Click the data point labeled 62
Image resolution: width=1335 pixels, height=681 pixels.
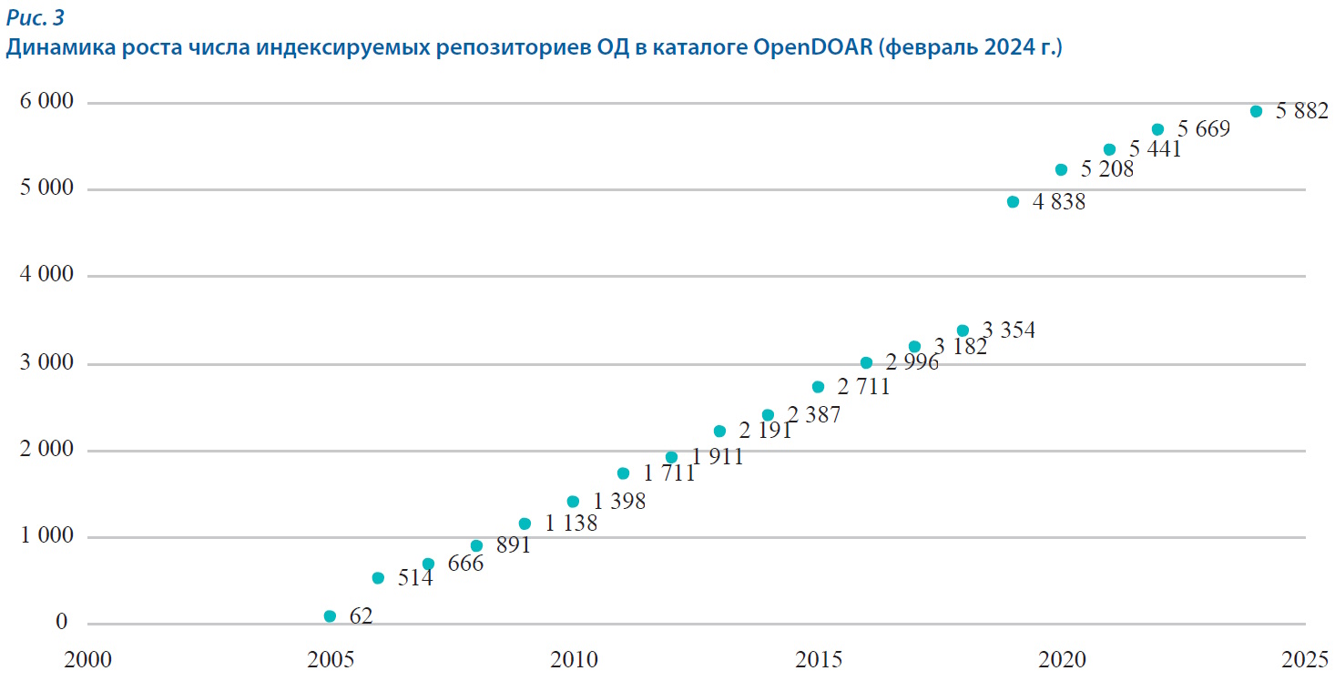(330, 616)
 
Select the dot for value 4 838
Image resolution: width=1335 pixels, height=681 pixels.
(1013, 202)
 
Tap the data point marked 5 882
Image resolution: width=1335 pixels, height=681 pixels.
(1256, 111)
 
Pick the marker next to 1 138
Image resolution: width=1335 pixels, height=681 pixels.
(525, 523)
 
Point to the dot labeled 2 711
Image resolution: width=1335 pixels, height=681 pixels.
(818, 387)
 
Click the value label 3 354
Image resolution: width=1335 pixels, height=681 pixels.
(1008, 330)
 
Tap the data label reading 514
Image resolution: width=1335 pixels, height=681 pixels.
(414, 577)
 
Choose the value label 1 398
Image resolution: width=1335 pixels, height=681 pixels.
(619, 501)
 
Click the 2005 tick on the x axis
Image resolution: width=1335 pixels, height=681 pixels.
(330, 660)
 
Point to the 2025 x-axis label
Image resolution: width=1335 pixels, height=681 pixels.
(1305, 660)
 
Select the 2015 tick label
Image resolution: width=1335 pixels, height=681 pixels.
(818, 660)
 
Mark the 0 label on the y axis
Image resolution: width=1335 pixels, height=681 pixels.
(62, 623)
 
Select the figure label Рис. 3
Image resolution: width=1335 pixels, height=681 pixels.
(35, 17)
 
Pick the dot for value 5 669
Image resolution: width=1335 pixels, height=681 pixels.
(1157, 129)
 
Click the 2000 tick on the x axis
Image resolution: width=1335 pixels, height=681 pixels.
(88, 660)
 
